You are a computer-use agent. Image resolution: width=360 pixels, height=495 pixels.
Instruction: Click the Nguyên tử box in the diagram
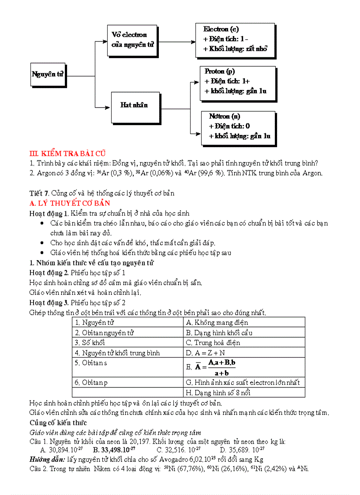[48, 74]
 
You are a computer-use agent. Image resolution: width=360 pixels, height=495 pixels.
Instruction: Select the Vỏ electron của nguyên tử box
[133, 40]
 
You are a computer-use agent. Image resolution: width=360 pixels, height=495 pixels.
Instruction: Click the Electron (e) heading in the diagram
[221, 29]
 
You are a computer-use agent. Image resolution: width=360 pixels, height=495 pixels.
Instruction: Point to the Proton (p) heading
[220, 71]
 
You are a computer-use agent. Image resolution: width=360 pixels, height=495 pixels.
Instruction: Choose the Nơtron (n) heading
[225, 116]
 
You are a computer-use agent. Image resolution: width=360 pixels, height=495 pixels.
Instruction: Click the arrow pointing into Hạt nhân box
[106, 106]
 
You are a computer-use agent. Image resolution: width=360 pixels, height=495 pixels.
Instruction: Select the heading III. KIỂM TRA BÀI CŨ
[67, 153]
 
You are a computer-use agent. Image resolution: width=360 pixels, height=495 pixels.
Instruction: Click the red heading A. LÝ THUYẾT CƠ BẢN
[69, 203]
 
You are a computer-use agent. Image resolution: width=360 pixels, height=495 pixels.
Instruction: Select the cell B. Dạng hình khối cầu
[219, 333]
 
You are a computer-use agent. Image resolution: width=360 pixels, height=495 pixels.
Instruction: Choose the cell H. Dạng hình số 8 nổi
[224, 392]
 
